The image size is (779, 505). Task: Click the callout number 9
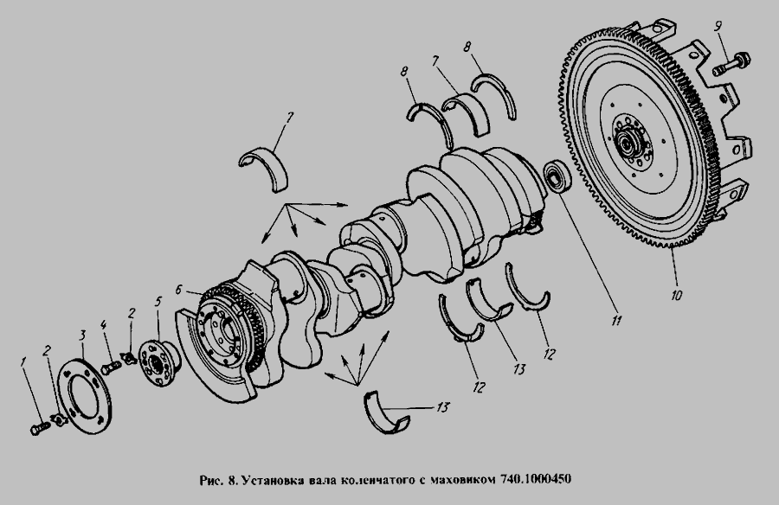pos(718,26)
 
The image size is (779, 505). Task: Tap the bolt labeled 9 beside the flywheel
pos(731,65)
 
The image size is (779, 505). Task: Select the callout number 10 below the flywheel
pos(676,295)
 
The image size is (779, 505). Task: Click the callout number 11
pos(616,320)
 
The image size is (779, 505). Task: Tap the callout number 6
pos(180,290)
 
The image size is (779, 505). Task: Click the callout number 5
pos(158,302)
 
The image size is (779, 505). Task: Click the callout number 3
pos(83,336)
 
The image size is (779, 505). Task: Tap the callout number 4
pos(103,325)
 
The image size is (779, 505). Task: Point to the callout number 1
pos(23,362)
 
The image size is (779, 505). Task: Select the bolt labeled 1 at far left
pos(40,427)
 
